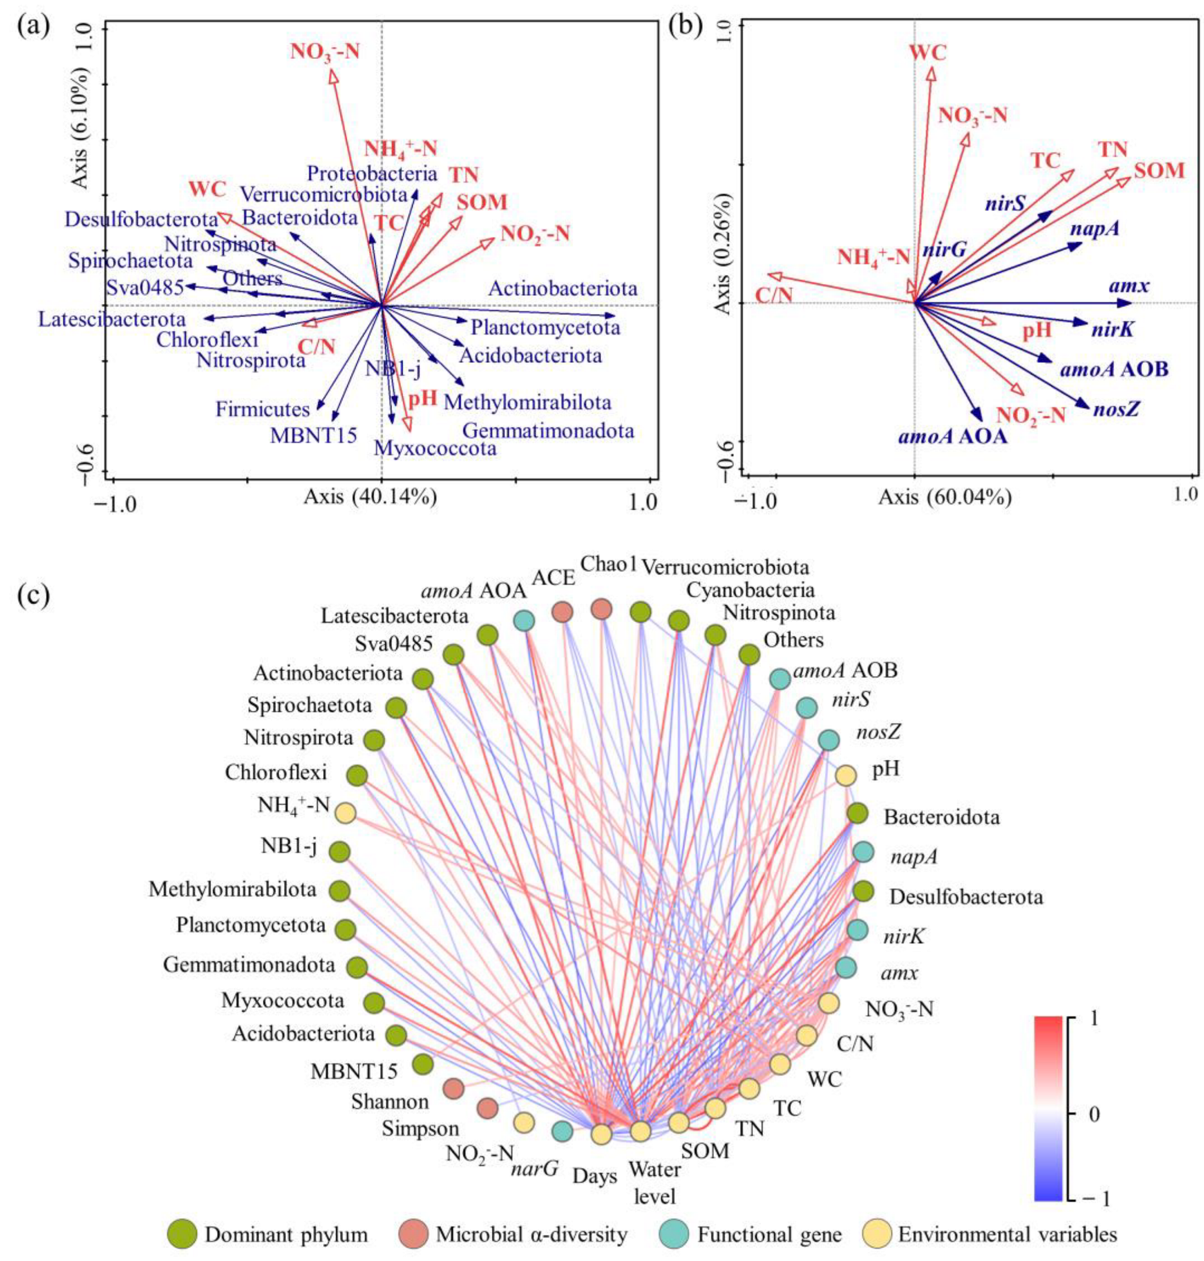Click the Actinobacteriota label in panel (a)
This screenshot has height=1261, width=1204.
(x=563, y=288)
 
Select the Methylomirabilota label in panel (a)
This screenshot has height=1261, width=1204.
(x=527, y=403)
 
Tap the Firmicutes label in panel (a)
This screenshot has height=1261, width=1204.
(x=262, y=409)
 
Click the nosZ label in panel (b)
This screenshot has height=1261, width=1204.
(x=1117, y=409)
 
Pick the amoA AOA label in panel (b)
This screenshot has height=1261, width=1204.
(x=952, y=437)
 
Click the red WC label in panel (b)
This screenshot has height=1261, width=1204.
(x=928, y=52)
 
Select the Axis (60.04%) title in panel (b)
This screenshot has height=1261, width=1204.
(x=945, y=497)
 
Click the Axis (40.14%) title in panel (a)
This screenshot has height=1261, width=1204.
(x=370, y=497)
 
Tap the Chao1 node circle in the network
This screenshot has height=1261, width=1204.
(x=601, y=609)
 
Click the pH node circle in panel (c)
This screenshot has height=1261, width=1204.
(x=845, y=775)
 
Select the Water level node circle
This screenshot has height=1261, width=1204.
(x=640, y=1131)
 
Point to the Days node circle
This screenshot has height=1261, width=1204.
(x=601, y=1134)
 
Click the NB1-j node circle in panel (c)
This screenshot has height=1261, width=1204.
(x=339, y=852)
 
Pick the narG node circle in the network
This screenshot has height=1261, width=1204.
(x=563, y=1131)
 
